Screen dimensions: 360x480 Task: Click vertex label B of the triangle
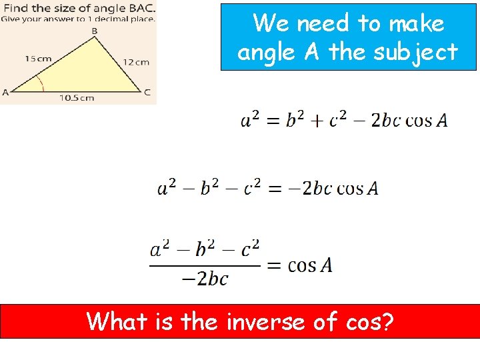tap(94, 31)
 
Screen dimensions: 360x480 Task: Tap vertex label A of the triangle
tap(5, 92)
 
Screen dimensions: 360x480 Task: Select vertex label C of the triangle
tap(147, 91)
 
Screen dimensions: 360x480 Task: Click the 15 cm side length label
tap(38, 59)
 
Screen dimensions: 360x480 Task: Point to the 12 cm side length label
tap(136, 62)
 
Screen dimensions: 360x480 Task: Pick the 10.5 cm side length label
tap(77, 98)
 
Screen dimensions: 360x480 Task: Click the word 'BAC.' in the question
tap(138, 8)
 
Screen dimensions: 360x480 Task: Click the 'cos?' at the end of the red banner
tap(370, 322)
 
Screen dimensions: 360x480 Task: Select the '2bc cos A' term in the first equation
tap(409, 120)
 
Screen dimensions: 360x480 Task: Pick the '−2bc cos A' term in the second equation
tap(340, 188)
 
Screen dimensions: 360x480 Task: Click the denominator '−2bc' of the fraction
tap(205, 279)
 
